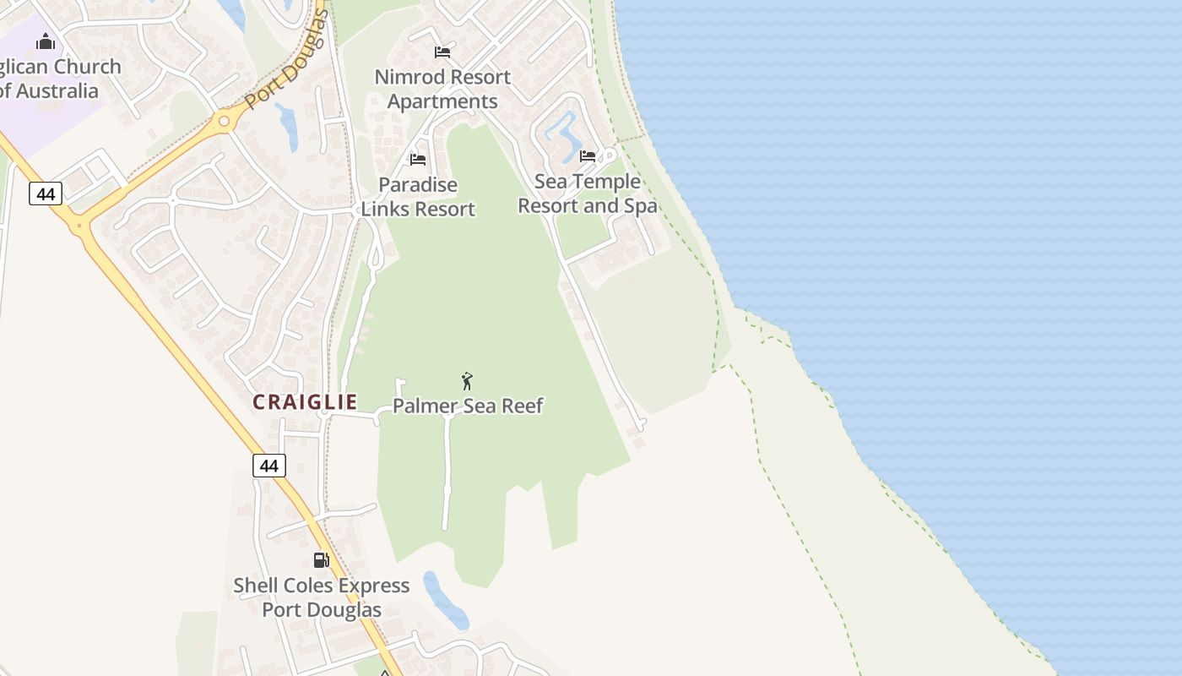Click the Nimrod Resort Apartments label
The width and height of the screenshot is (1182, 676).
pyautogui.click(x=442, y=89)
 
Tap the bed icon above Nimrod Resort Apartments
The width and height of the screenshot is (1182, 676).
pyautogui.click(x=442, y=52)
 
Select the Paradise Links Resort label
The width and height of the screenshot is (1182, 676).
pyautogui.click(x=418, y=197)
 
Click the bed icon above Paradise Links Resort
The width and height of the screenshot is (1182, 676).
pyautogui.click(x=417, y=159)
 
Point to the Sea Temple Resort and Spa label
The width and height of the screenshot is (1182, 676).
pyautogui.click(x=587, y=194)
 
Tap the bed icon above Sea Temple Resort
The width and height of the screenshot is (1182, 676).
pyautogui.click(x=588, y=155)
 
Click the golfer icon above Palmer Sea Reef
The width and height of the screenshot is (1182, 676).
pyautogui.click(x=467, y=381)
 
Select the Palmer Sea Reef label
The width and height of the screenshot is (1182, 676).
pyautogui.click(x=468, y=406)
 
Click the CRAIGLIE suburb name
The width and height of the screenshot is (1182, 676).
pyautogui.click(x=305, y=402)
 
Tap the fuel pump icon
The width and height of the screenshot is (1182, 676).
pyautogui.click(x=321, y=559)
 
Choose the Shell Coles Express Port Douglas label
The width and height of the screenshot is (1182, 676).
pyautogui.click(x=322, y=597)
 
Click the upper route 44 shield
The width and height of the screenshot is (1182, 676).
pyautogui.click(x=46, y=194)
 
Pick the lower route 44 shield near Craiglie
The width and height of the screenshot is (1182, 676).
pyautogui.click(x=268, y=466)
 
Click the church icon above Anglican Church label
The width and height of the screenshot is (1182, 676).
pyautogui.click(x=46, y=41)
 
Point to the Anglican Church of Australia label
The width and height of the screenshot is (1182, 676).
pyautogui.click(x=55, y=79)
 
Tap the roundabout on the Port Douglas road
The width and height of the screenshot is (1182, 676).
pyautogui.click(x=224, y=122)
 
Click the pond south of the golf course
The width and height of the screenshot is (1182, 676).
pyautogui.click(x=445, y=601)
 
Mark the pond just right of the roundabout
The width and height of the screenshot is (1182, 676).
pyautogui.click(x=289, y=126)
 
